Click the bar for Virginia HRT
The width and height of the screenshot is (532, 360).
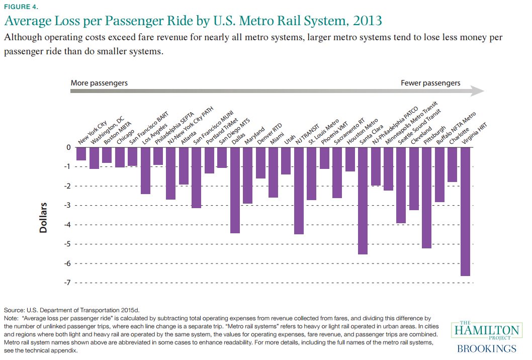click(465, 211)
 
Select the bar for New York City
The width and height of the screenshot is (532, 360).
click(81, 154)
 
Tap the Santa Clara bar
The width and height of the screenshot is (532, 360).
click(363, 201)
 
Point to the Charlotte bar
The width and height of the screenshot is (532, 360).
click(452, 164)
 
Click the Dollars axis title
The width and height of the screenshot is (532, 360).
click(44, 218)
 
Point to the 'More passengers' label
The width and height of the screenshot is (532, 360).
click(99, 82)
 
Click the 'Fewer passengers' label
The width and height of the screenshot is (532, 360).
click(430, 82)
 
